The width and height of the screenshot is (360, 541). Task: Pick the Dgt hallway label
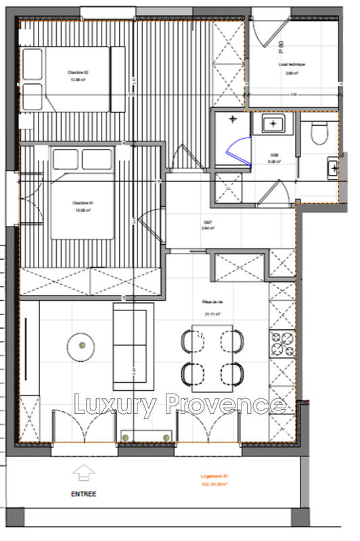click(208, 225)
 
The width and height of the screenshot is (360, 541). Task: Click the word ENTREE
click(83, 494)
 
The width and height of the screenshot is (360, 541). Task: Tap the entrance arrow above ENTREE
click(83, 473)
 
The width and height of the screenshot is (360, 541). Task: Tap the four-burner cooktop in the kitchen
click(282, 342)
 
